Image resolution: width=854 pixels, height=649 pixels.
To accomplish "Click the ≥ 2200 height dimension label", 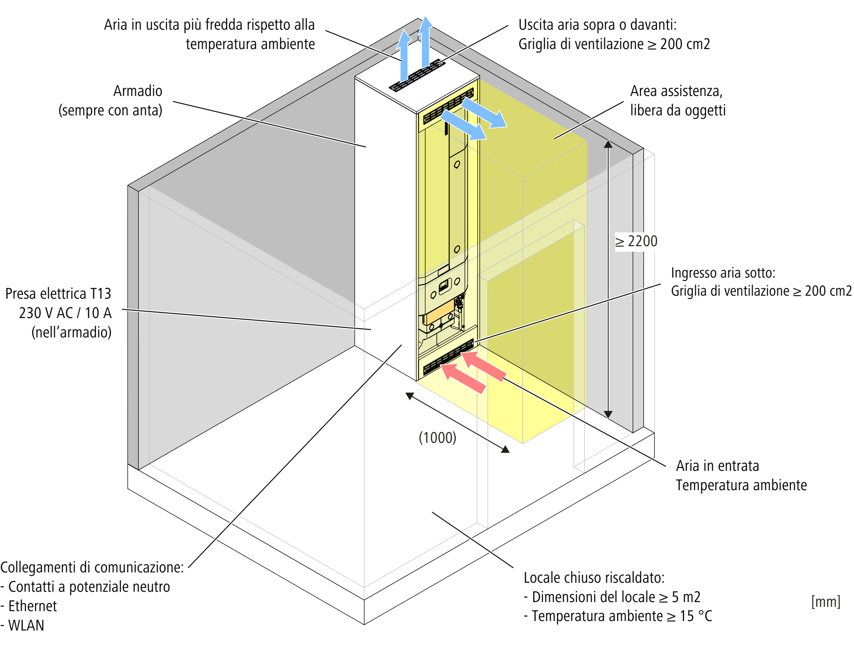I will pos(636,241).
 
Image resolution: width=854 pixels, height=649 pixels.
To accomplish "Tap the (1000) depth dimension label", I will pos(437,438).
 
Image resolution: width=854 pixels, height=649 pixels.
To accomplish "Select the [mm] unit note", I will pos(826,601).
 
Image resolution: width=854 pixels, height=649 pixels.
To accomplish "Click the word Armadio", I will pos(138,91).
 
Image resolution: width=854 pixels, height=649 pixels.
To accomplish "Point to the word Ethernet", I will pos(33,606).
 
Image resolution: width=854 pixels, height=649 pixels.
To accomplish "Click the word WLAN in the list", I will pos(26,625).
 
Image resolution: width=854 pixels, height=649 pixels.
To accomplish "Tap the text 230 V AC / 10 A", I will pos(65,313).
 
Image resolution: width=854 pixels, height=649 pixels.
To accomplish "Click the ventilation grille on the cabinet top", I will pos(417,76).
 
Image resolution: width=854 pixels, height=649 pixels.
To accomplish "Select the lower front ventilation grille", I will pos(448,357).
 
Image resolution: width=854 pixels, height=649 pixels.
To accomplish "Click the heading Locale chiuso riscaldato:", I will pos(594,578).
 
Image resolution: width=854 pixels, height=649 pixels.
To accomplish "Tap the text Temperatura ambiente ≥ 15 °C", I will pos(621,616).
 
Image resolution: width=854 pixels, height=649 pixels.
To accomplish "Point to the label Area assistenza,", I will pos(676,91).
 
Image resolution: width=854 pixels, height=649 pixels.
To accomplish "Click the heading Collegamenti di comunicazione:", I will pos(92,567).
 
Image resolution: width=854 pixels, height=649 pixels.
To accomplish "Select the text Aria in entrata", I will pos(717,466).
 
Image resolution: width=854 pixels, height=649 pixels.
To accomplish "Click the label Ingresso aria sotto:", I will pos(723,273).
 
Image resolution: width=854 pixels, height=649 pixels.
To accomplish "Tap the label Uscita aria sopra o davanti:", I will pos(597,25).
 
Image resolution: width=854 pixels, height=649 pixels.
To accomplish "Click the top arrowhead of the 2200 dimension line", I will pos(608,144).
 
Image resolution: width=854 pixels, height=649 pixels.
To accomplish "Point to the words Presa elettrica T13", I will pos(58,294).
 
